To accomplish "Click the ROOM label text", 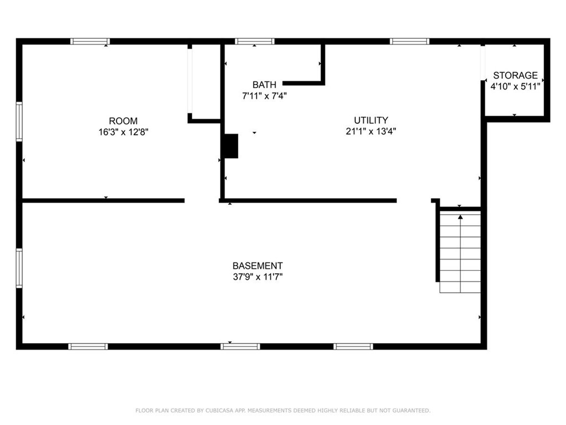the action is [123, 121].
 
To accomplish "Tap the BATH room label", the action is [264, 85].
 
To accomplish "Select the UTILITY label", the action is [371, 120].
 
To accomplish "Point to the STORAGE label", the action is [515, 75].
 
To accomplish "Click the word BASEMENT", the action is [258, 266].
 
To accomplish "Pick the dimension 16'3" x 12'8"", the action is [123, 132].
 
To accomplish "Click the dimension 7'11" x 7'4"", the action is [264, 96].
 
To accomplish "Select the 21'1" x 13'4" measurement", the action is [371, 131].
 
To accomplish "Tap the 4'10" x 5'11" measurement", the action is [515, 86].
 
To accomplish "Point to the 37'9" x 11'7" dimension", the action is [258, 277].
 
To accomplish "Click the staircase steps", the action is [460, 252].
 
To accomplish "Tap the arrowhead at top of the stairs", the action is [460, 217].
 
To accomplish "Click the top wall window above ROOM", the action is [90, 41].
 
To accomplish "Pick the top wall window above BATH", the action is [254, 41].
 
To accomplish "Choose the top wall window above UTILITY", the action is [410, 41].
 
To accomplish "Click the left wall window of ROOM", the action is [19, 122].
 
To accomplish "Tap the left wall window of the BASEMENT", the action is [19, 268].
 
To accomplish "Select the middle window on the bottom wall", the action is [240, 346].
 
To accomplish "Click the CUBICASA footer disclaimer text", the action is [283, 411].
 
